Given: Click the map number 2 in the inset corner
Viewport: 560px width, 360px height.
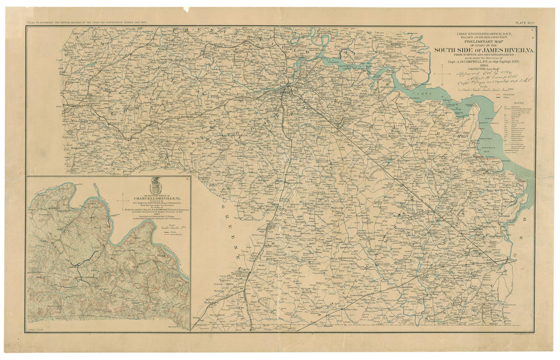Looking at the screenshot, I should coord(188,178).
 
